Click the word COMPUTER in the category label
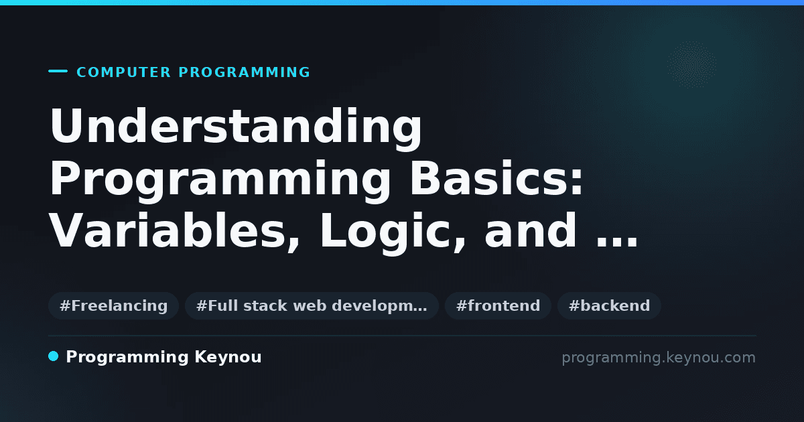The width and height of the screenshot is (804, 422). coord(123,72)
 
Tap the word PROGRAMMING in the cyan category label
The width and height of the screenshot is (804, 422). coord(244,72)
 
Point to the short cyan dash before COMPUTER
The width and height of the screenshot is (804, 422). coord(58,71)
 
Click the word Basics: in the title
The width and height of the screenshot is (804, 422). coord(496,178)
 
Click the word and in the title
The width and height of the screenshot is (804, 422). coord(531,230)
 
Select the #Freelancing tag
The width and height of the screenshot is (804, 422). coord(113,305)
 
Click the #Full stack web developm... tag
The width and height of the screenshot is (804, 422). coord(312,305)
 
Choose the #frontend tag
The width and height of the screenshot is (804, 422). coord(498,305)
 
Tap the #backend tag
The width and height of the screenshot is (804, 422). coord(609,305)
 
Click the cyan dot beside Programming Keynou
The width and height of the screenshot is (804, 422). coord(53,356)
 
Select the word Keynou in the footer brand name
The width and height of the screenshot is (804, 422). coord(228,358)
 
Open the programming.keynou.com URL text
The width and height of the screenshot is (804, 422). coord(659,358)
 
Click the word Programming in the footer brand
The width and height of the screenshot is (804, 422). coord(127,358)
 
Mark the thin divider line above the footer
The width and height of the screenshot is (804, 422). coord(402,336)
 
